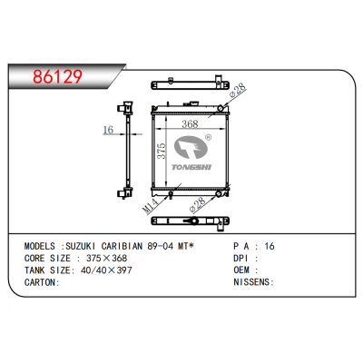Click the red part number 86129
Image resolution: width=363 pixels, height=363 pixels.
(57, 76)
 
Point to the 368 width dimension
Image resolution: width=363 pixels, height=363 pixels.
(190, 123)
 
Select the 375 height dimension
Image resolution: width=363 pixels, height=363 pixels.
(162, 151)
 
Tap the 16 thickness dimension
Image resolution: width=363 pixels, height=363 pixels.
(108, 130)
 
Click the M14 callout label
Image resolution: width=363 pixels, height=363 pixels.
(151, 205)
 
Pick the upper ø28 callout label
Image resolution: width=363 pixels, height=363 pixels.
(238, 90)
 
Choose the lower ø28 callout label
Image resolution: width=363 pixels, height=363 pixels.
(197, 204)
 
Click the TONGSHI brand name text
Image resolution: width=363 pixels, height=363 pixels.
(191, 167)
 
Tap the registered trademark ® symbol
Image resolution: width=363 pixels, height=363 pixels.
(209, 138)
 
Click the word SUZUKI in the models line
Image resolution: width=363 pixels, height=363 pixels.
(81, 246)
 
